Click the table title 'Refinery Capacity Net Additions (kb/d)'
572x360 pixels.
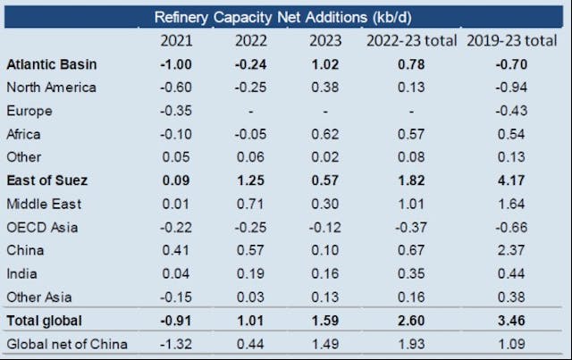(285, 17)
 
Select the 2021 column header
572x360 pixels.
(175, 41)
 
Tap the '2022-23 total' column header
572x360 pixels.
(410, 41)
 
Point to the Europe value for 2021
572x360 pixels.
(175, 111)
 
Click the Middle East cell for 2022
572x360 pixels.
(251, 204)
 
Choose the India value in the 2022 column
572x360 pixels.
(251, 273)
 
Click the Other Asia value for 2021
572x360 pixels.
(175, 297)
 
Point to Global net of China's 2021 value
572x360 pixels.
(175, 343)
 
